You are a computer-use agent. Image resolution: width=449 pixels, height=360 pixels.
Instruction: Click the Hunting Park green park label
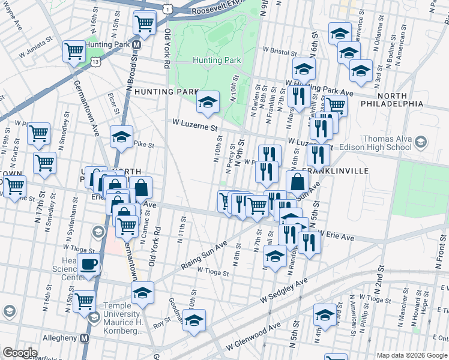pyautogui.click(x=217, y=60)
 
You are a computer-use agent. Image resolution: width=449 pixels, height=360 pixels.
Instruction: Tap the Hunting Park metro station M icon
pyautogui.click(x=137, y=45)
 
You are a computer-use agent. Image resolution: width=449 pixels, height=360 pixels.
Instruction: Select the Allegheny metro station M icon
pyautogui.click(x=84, y=338)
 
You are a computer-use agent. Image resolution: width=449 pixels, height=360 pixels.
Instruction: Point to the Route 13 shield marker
pyautogui.click(x=95, y=61)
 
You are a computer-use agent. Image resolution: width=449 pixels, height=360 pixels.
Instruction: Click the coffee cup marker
pyautogui.click(x=89, y=263)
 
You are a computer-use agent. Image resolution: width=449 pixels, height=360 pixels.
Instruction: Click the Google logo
pyautogui.click(x=19, y=353)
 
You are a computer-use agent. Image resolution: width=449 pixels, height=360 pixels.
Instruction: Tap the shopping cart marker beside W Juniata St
pyautogui.click(x=74, y=51)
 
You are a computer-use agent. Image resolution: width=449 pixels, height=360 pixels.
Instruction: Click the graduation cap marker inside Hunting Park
pyautogui.click(x=208, y=103)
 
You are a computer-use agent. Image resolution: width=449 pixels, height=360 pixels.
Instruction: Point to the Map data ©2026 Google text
pyautogui.click(x=411, y=355)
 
